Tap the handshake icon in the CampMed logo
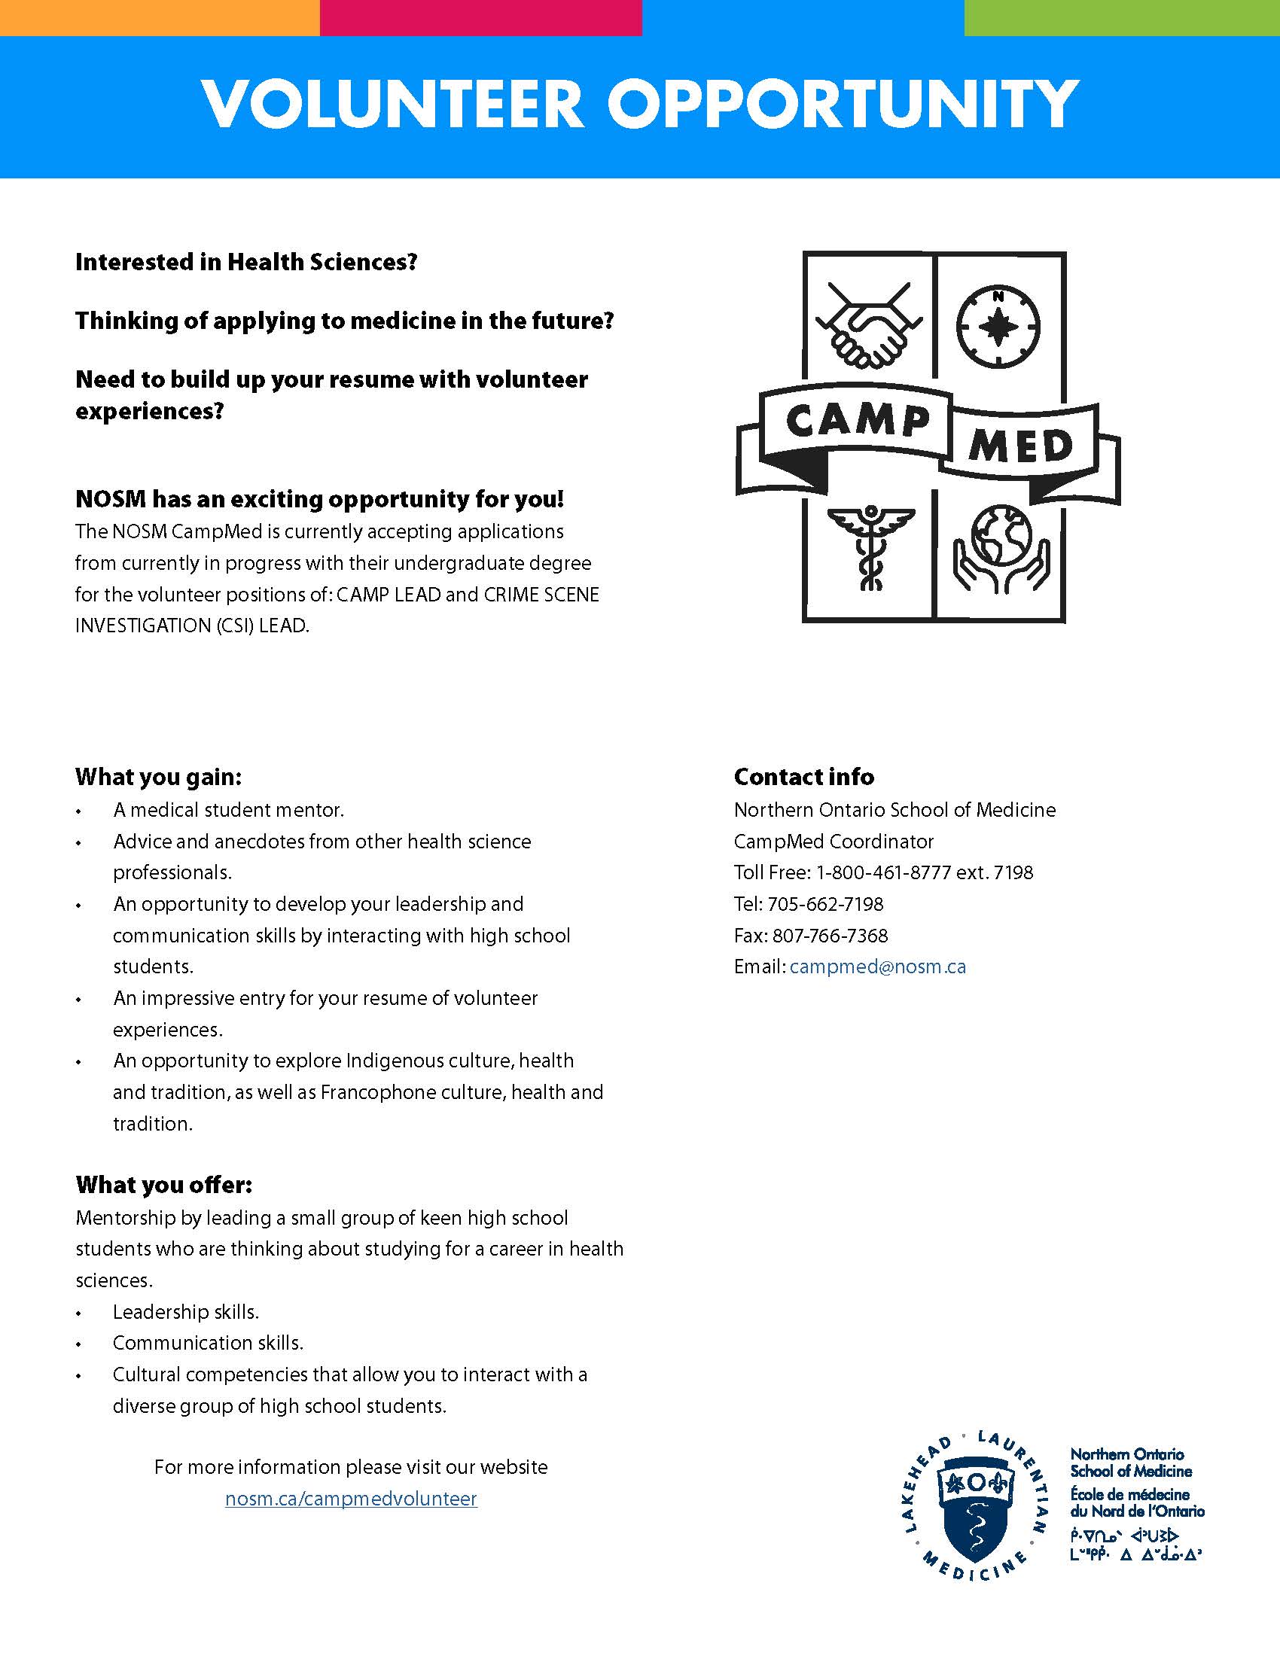(870, 324)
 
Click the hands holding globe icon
(1001, 547)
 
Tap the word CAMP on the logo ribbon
(858, 421)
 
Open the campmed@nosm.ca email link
(877, 967)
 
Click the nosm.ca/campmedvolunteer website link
(351, 1499)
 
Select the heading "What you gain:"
(158, 778)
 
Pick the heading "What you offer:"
(164, 1184)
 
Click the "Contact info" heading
(804, 778)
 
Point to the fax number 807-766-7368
(830, 936)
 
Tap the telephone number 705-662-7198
(825, 904)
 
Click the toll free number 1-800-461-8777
(882, 872)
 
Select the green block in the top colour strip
(1122, 17)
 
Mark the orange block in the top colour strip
(159, 17)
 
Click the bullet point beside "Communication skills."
(78, 1344)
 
